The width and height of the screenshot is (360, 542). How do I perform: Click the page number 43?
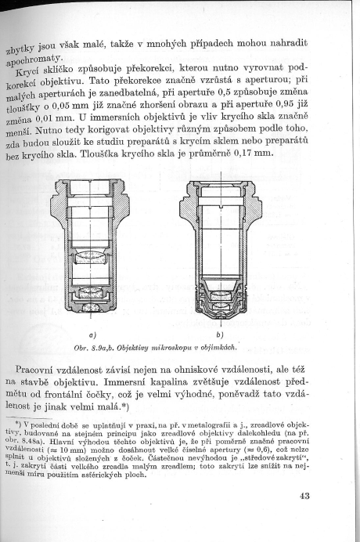(x=304, y=497)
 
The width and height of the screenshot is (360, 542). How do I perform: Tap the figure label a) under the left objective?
(x=92, y=335)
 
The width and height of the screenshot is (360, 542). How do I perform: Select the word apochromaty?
(x=34, y=60)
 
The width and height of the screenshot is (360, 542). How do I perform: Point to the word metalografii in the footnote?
(x=204, y=425)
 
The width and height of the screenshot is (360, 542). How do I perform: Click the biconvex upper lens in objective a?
(x=92, y=257)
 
